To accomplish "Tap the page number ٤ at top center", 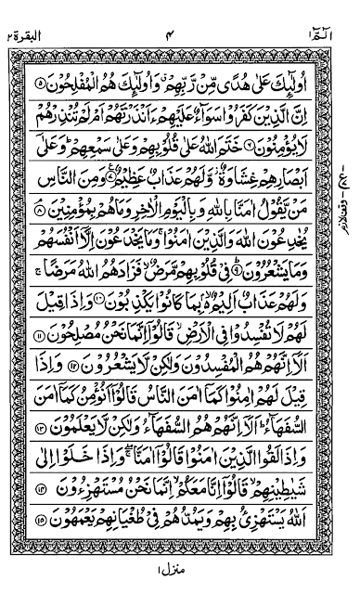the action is click(182, 12).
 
